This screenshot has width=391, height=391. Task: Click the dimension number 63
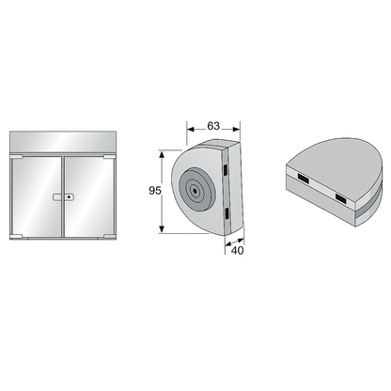(x=213, y=126)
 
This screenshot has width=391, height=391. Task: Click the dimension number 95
(x=155, y=191)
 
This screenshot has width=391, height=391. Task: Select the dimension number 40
(x=237, y=250)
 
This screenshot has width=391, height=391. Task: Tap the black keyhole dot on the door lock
(x=69, y=197)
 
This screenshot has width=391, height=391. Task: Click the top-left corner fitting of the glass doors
(x=16, y=156)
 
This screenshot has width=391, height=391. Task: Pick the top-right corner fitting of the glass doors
(x=110, y=156)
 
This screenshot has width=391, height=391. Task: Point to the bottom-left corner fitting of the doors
(x=16, y=237)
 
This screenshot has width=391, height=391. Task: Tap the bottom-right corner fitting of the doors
(x=110, y=237)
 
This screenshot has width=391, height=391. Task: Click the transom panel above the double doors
(x=63, y=142)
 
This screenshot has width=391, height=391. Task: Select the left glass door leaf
(x=37, y=196)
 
